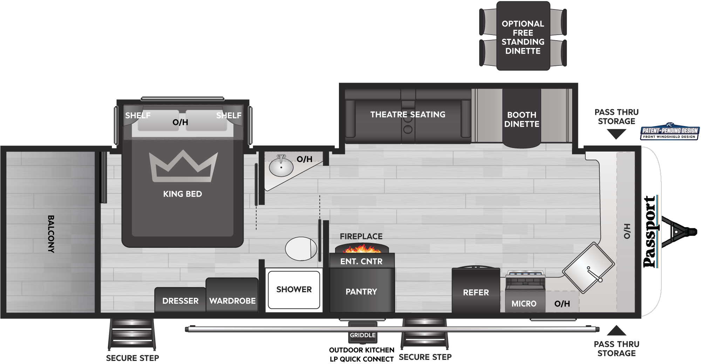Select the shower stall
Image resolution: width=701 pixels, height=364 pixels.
coord(294,289)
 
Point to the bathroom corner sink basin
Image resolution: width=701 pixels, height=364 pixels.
coord(281,167)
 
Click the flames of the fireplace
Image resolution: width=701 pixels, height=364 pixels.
coord(361,249)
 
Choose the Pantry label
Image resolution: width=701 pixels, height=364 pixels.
coord(361,292)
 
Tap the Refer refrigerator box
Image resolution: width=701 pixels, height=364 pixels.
coord(476,292)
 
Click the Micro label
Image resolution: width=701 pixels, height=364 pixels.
coord(524,303)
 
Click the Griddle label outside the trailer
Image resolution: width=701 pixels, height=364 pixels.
coord(362,335)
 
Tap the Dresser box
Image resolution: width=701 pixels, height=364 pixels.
coord(180,301)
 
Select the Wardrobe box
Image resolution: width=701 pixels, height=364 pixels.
coord(232,300)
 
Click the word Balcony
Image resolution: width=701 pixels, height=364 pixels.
coord(51,234)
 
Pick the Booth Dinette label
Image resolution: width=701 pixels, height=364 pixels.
coord(522,119)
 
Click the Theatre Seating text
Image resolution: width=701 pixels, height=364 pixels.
coord(408,114)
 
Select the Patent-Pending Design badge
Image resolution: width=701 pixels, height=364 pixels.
coord(670,132)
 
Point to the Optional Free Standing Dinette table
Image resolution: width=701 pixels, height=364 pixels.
coord(523,37)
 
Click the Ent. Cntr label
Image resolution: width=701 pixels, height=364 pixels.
coord(361,261)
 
